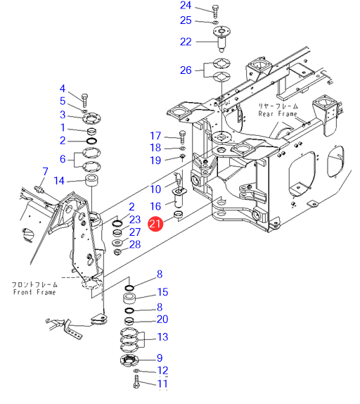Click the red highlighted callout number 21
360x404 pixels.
coord(155,224)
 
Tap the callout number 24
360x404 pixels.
coord(186,6)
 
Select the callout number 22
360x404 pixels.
coord(186,42)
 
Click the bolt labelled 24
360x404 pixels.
coord(215,11)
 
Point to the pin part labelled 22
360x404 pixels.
coord(221,39)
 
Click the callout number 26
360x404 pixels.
coord(186,70)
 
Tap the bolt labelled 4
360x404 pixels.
coord(85,101)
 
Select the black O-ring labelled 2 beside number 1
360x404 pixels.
coord(91,141)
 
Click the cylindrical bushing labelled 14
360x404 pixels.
coord(91,180)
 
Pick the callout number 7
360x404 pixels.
coord(45,171)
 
